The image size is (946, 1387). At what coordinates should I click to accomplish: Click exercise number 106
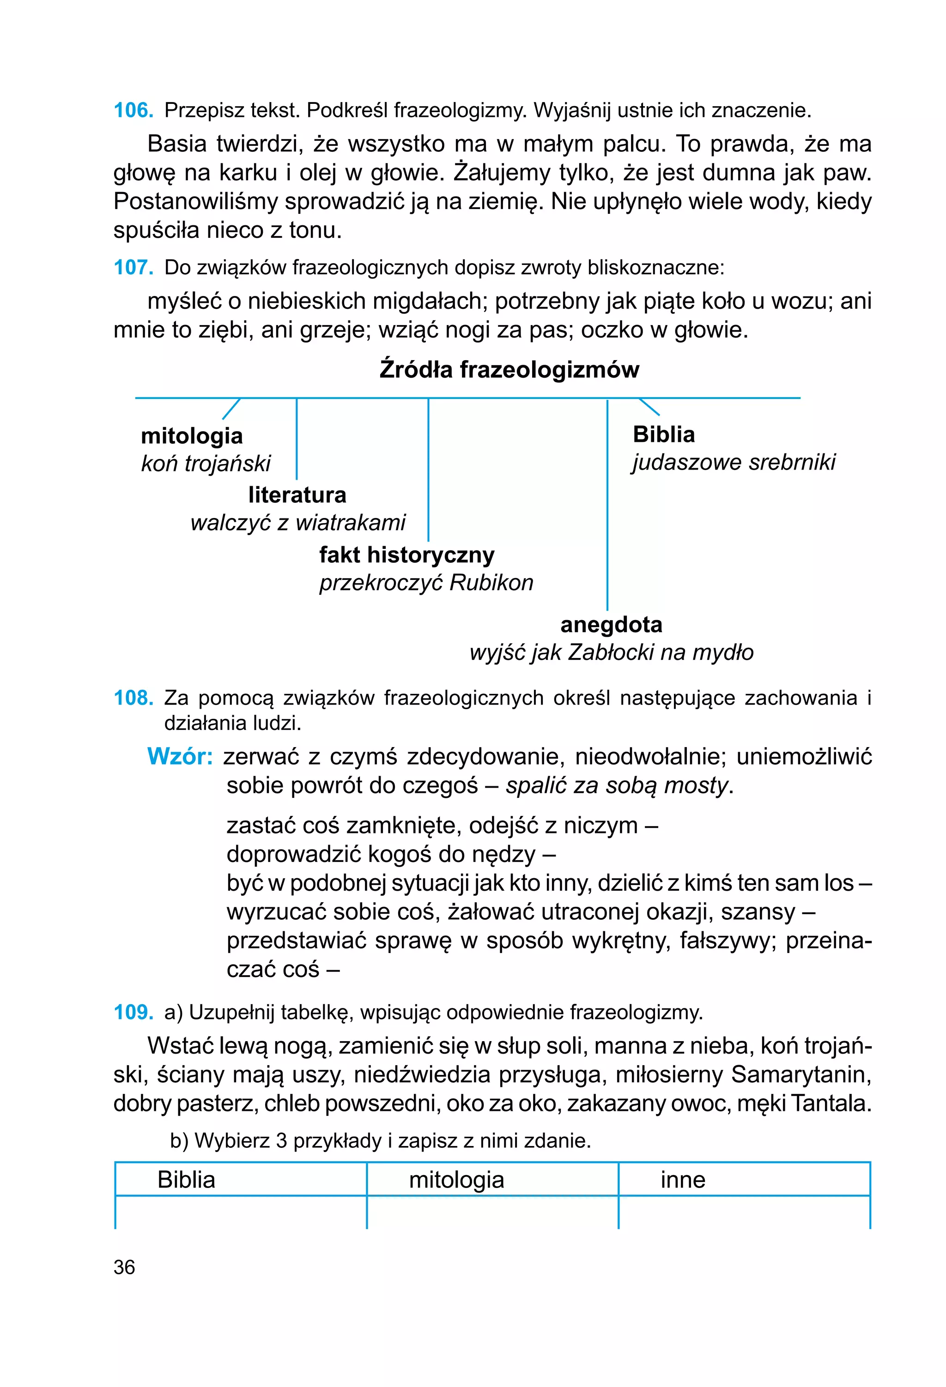coord(133,110)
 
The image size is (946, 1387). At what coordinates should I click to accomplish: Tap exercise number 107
coord(133,267)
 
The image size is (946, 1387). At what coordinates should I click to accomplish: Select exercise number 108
coord(133,698)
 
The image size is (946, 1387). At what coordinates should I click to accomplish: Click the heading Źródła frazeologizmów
coord(509,369)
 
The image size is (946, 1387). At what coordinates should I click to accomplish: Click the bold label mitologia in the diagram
coord(192,436)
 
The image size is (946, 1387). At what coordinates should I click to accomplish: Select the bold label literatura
coord(297,495)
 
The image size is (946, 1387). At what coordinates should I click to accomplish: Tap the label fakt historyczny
coord(406,555)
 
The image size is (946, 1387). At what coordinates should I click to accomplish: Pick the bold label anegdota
coord(611,624)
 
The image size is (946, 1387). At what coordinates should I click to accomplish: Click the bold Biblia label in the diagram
coord(663,434)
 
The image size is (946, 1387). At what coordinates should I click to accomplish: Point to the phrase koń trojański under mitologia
coord(206,463)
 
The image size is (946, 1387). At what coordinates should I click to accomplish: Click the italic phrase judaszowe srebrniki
coord(734,462)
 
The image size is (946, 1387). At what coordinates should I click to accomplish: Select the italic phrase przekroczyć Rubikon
coord(426,583)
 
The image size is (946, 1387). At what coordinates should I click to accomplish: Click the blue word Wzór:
coord(180,757)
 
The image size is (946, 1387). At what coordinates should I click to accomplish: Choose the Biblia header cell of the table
coord(186,1180)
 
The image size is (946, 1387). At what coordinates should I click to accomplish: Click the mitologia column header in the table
coord(456,1180)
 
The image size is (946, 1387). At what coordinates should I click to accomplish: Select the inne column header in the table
coord(683,1180)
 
